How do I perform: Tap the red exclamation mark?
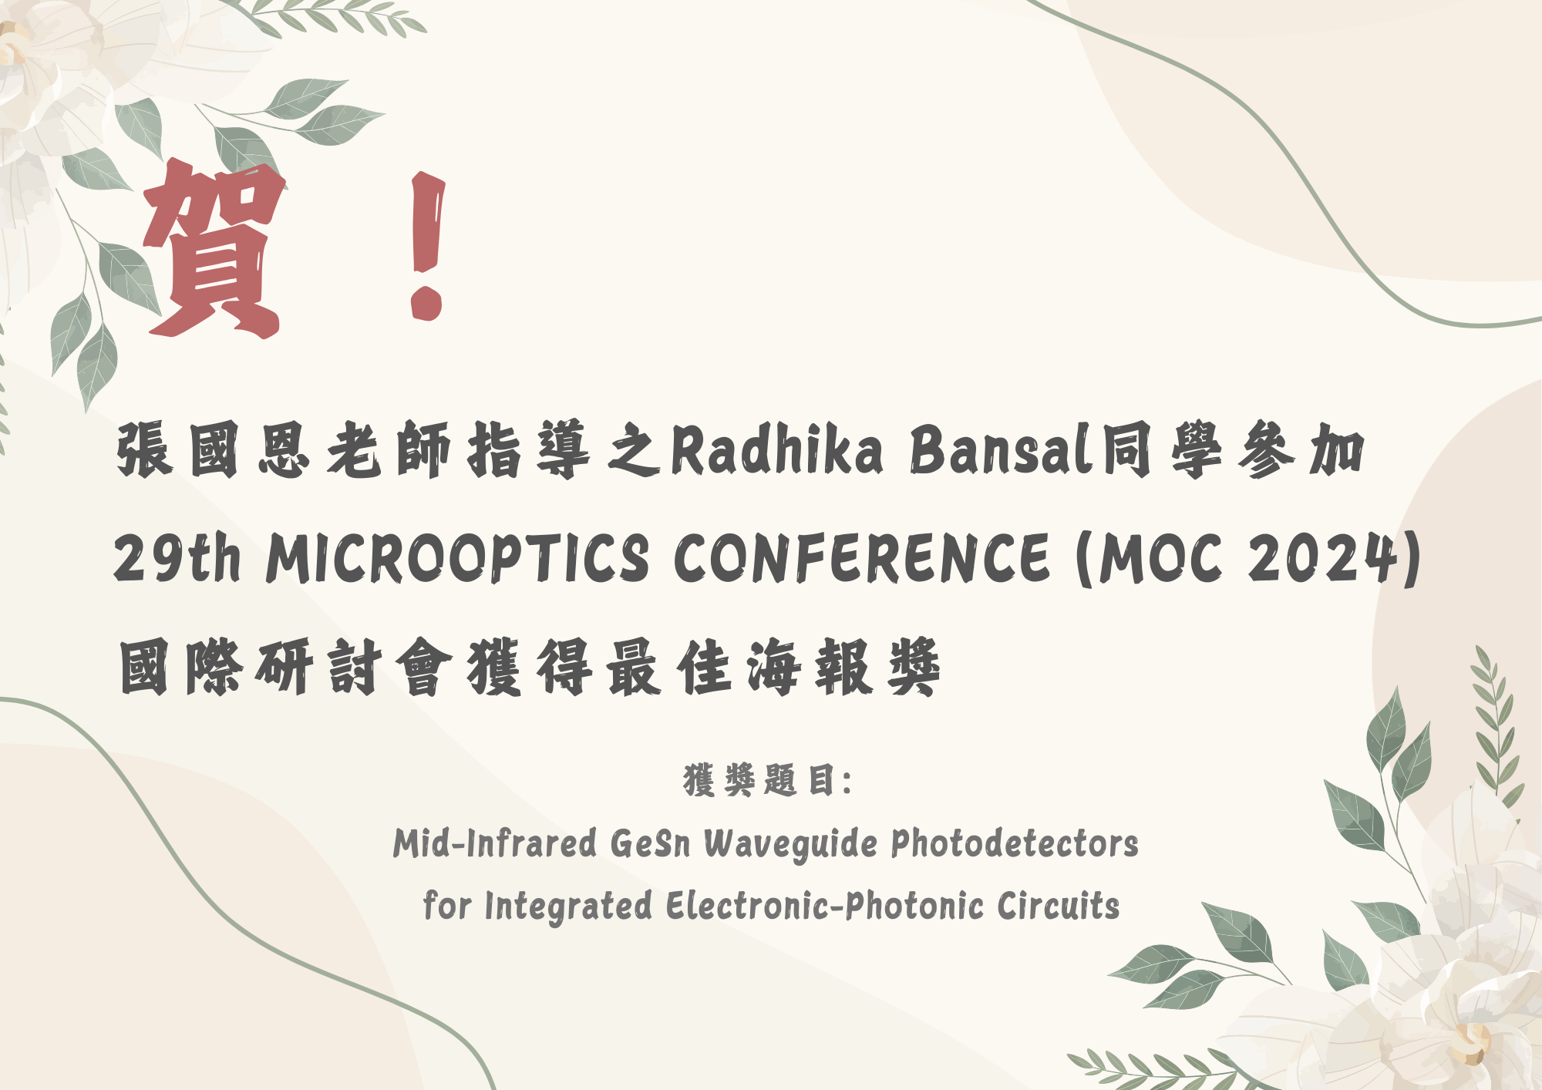pos(428,245)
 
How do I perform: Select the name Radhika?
pos(776,450)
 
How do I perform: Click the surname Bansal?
pos(1000,450)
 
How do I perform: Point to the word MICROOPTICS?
pos(458,557)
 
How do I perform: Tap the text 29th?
pos(177,557)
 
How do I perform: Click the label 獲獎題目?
pos(767,780)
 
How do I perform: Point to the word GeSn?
pos(650,843)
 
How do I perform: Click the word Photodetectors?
pos(1015,843)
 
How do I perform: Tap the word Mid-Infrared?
pos(495,843)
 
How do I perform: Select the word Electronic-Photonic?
pos(825,905)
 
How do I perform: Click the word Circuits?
pos(1058,905)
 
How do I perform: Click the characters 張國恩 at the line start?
pos(214,450)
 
